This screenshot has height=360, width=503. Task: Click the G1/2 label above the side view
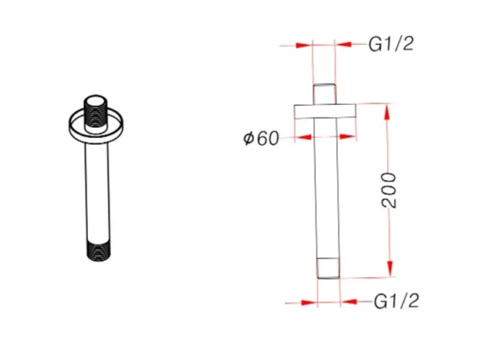(x=392, y=45)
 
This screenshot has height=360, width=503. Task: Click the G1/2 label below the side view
(x=397, y=300)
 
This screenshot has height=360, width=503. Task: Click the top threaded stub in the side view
(x=326, y=93)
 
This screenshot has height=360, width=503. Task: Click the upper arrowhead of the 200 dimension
(x=389, y=109)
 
